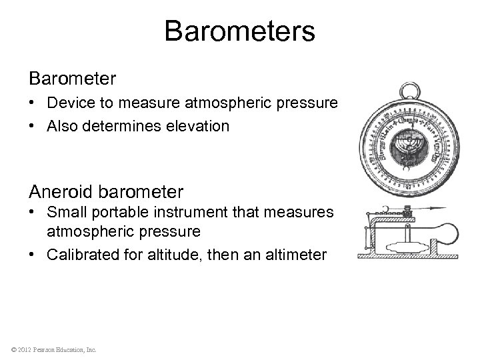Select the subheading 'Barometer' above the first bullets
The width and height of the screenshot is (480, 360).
pos(73,79)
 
